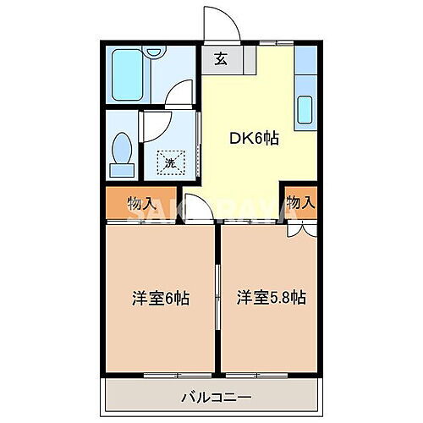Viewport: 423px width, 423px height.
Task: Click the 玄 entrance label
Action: pyautogui.click(x=220, y=59)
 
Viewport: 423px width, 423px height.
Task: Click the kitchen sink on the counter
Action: pyautogui.click(x=305, y=110)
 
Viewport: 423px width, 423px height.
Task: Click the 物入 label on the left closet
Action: pyautogui.click(x=140, y=203)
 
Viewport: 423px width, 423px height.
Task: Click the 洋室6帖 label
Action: pyautogui.click(x=160, y=298)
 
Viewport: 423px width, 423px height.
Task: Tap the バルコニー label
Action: pyautogui.click(x=214, y=396)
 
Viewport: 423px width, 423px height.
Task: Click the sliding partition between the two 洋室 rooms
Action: pyautogui.click(x=218, y=292)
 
